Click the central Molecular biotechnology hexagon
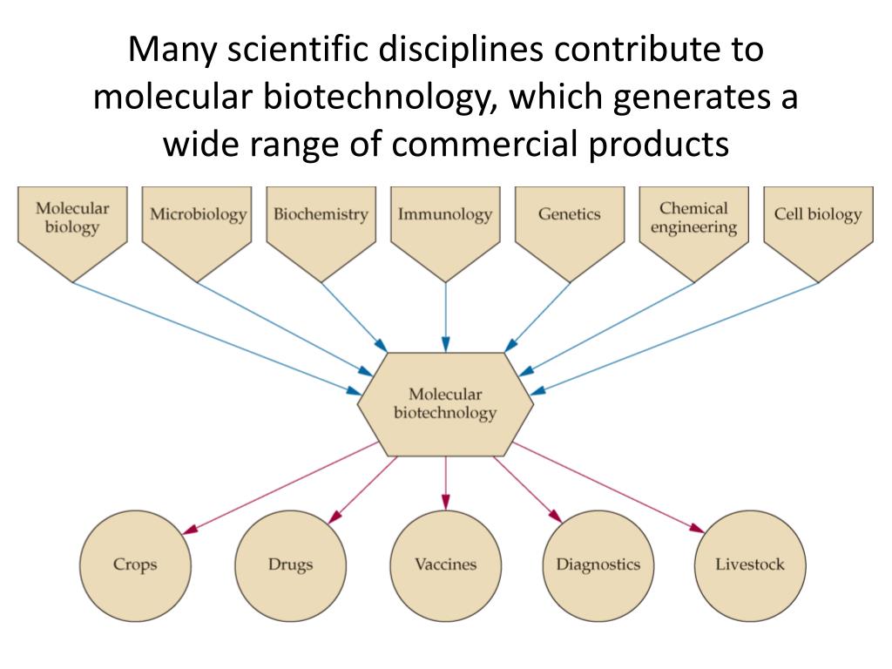pos(445,404)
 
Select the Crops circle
pos(135,564)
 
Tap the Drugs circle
pos(290,564)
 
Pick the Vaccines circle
pos(445,564)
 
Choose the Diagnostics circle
pos(598,564)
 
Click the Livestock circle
pos(750,564)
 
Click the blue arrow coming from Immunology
pos(445,314)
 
